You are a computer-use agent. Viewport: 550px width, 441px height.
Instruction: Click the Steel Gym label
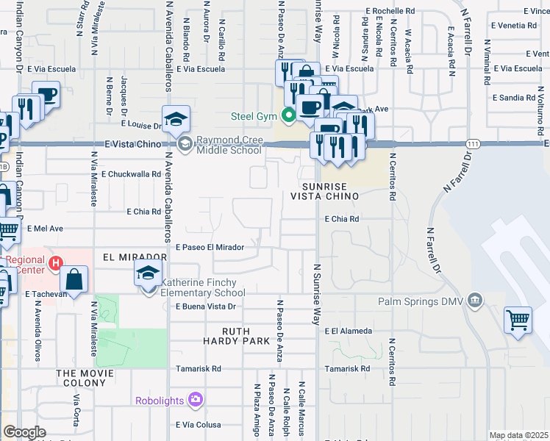pos(252,115)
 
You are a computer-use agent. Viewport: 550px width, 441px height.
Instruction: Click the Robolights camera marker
pos(196,400)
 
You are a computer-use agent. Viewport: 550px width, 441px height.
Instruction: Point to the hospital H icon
pos(55,263)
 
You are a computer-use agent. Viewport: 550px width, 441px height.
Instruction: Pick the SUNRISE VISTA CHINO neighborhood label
pos(329,191)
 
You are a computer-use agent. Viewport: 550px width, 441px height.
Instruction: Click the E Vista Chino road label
pos(132,144)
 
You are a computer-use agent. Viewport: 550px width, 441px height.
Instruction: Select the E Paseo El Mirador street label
pos(210,248)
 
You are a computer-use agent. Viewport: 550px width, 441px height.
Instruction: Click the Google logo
pos(24,432)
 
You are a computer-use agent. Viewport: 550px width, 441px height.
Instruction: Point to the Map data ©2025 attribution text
pos(519,435)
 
